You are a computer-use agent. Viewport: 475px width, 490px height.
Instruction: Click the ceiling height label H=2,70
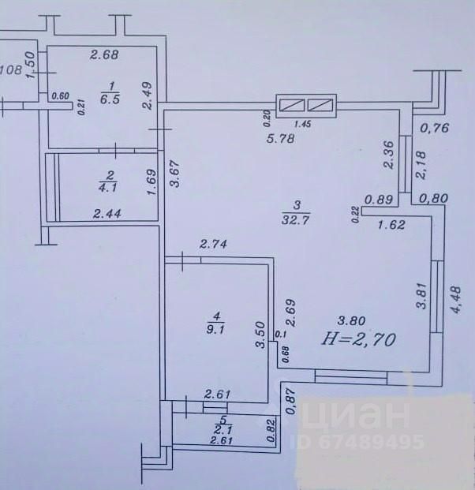[x=360, y=340]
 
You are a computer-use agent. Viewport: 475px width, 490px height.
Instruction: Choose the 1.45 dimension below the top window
[x=302, y=124]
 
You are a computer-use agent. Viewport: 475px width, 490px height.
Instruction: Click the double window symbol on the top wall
[x=306, y=105]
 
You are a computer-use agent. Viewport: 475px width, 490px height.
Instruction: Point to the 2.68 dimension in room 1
[x=104, y=54]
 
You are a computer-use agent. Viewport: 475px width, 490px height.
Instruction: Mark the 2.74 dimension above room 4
[x=213, y=245]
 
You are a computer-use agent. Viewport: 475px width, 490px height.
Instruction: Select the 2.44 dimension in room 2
[x=107, y=212]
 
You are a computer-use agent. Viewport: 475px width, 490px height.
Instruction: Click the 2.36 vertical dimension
[x=387, y=154]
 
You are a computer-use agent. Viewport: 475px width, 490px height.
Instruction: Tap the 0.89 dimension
[x=379, y=200]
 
